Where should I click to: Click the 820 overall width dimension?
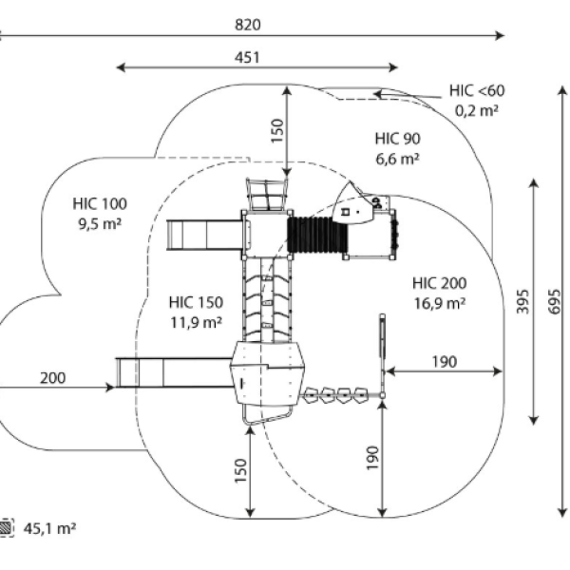pyautogui.click(x=248, y=25)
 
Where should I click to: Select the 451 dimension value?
pyautogui.click(x=247, y=58)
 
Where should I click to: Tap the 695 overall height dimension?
pyautogui.click(x=554, y=301)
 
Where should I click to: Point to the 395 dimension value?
pyautogui.click(x=522, y=301)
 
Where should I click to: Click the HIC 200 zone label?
pyautogui.click(x=440, y=283)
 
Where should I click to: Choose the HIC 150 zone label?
pyautogui.click(x=196, y=302)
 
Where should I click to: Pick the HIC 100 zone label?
pyautogui.click(x=100, y=203)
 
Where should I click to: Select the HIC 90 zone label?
pyautogui.click(x=398, y=139)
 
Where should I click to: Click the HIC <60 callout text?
pyautogui.click(x=477, y=90)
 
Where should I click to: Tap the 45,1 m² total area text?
pyautogui.click(x=49, y=528)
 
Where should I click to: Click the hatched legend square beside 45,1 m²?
pyautogui.click(x=7, y=527)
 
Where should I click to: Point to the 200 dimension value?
pyautogui.click(x=52, y=378)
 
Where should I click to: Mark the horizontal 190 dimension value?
pyautogui.click(x=445, y=362)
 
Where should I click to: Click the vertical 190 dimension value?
pyautogui.click(x=372, y=458)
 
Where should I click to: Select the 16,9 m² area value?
pyautogui.click(x=440, y=303)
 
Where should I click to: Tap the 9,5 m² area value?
pyautogui.click(x=100, y=223)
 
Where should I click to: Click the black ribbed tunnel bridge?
pyautogui.click(x=317, y=235)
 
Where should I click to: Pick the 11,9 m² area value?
pyautogui.click(x=197, y=322)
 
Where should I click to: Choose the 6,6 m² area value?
pyautogui.click(x=398, y=159)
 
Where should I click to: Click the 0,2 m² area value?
pyautogui.click(x=477, y=110)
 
